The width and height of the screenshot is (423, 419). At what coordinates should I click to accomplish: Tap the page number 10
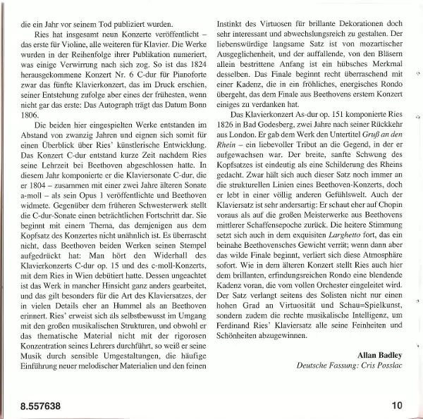[397, 405]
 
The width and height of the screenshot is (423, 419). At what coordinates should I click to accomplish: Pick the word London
[255, 132]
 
